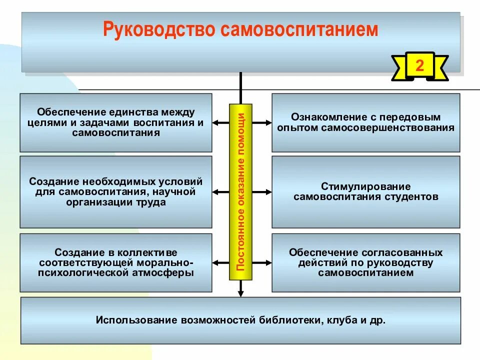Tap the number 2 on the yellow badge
pyautogui.click(x=419, y=66)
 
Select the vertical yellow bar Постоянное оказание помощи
pyautogui.click(x=241, y=192)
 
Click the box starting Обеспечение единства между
pyautogui.click(x=116, y=122)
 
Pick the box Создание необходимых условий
pyautogui.click(x=116, y=192)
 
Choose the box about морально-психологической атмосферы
pyautogui.click(x=116, y=262)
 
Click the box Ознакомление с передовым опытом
pyautogui.click(x=365, y=122)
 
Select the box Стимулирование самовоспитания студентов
pyautogui.click(x=365, y=192)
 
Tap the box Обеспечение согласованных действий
pyautogui.click(x=365, y=262)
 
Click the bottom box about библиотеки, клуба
pyautogui.click(x=241, y=320)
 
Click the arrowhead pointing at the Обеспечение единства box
pyautogui.click(x=215, y=122)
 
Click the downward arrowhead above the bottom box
pyautogui.click(x=241, y=294)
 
